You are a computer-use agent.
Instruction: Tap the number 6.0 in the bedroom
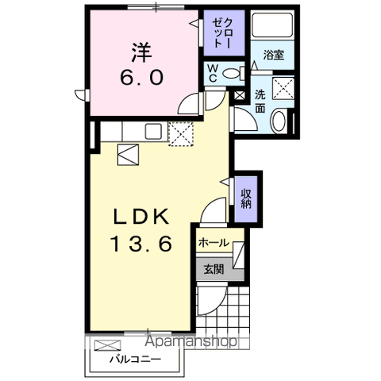coord(142,77)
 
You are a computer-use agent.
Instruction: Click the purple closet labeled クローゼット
coord(217,33)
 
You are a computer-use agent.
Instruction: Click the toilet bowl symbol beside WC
coord(231,74)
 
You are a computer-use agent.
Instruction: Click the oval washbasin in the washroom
coord(279,121)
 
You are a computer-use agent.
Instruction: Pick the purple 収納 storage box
coord(248,193)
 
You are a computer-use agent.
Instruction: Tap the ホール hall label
coord(214,243)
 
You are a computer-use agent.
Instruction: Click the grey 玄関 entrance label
coord(213,269)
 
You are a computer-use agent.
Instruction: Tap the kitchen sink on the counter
coord(152,131)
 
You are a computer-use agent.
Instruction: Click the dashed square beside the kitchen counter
coord(182,134)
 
